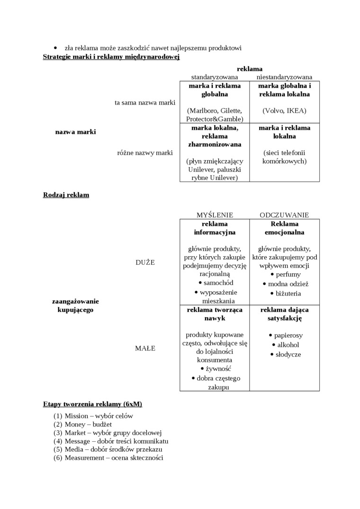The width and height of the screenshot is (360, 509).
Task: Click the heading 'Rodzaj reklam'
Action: (66, 195)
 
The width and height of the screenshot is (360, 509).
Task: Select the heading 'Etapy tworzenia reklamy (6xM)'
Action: (92, 404)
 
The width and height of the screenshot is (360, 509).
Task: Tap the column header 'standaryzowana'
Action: (214, 77)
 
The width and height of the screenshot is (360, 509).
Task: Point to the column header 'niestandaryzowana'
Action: (284, 77)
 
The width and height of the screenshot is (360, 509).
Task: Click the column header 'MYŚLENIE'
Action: (215, 215)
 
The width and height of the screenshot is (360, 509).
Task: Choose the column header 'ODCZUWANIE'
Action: (284, 215)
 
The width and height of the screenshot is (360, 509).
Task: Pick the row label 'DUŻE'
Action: (145, 262)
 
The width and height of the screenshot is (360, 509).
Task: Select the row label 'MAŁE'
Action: (145, 348)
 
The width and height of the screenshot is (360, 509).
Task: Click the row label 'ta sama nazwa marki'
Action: (145, 102)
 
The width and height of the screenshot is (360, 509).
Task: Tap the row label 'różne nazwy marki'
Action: (145, 152)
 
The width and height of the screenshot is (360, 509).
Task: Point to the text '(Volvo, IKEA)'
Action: (284, 111)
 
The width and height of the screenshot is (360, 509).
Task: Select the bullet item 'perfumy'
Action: (288, 274)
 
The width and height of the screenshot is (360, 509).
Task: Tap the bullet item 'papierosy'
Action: (288, 335)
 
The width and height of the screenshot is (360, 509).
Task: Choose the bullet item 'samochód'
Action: (218, 283)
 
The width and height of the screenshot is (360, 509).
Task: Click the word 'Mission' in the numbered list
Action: (76, 416)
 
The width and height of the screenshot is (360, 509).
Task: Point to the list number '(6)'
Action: (58, 458)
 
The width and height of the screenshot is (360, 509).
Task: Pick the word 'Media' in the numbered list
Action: (74, 449)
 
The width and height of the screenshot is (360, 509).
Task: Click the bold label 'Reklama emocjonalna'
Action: (284, 228)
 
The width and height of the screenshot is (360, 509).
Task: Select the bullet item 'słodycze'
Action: (288, 354)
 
